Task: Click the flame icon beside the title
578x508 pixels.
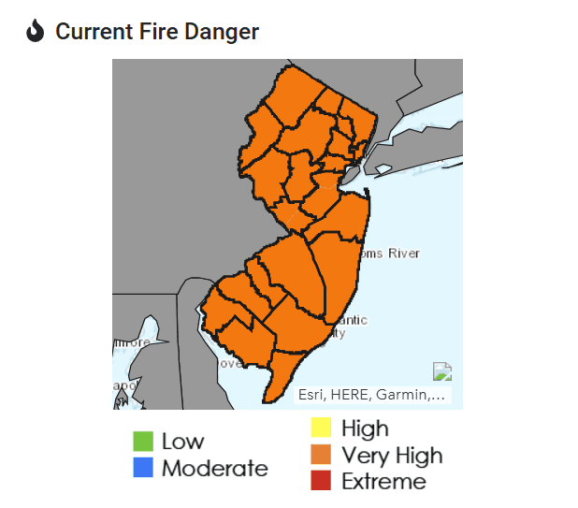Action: pyautogui.click(x=36, y=32)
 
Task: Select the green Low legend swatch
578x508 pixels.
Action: pyautogui.click(x=143, y=441)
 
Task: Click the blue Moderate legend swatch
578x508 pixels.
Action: pyautogui.click(x=143, y=468)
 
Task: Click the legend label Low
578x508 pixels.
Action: pyautogui.click(x=182, y=441)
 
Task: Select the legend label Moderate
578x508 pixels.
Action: pyautogui.click(x=214, y=468)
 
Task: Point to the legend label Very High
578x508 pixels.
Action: pyautogui.click(x=392, y=456)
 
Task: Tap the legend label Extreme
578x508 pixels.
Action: pyautogui.click(x=383, y=482)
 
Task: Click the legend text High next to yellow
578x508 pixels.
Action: pyautogui.click(x=365, y=428)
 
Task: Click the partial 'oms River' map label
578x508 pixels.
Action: pyautogui.click(x=390, y=254)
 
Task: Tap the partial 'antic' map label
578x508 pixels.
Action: pyautogui.click(x=352, y=320)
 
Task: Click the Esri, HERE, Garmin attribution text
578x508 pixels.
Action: pyautogui.click(x=371, y=395)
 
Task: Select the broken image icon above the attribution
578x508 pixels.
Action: pyautogui.click(x=442, y=371)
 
